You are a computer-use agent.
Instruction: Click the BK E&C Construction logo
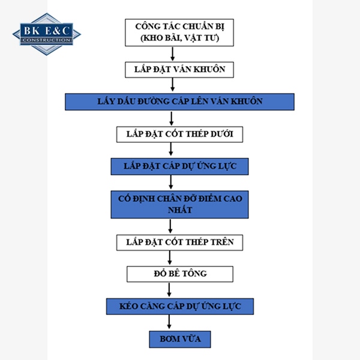pyautogui.click(x=46, y=33)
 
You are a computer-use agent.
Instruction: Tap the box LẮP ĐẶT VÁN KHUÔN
pyautogui.click(x=176, y=69)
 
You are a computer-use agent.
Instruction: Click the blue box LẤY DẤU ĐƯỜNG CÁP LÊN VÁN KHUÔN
pyautogui.click(x=179, y=101)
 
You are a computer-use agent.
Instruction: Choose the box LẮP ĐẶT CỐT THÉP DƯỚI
pyautogui.click(x=179, y=134)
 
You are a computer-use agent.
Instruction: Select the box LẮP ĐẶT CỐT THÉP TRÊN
pyautogui.click(x=179, y=242)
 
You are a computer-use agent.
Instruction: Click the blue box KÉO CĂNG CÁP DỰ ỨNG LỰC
pyautogui.click(x=179, y=307)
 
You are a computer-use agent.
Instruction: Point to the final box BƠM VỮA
pyautogui.click(x=180, y=339)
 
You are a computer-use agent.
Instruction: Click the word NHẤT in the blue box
pyautogui.click(x=179, y=210)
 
